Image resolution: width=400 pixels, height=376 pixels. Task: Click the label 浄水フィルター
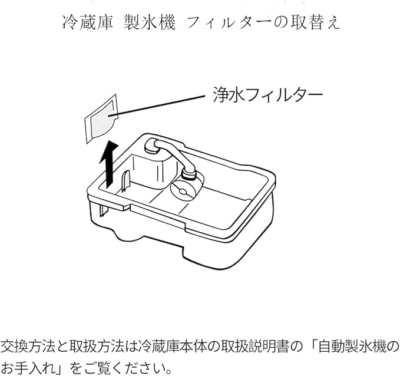(x=267, y=94)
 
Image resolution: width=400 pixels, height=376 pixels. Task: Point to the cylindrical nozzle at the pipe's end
(x=188, y=171)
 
